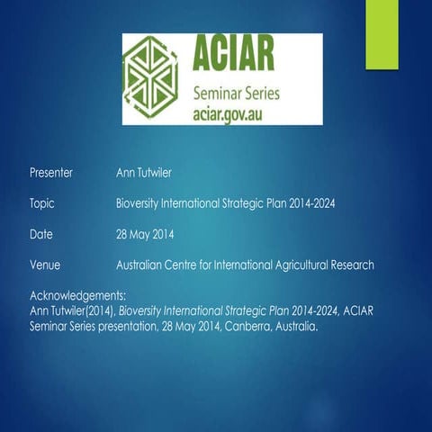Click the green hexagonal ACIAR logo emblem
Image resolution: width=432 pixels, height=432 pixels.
[157, 78]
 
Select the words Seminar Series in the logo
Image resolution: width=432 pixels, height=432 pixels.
[236, 94]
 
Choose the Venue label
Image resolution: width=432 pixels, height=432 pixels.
[45, 265]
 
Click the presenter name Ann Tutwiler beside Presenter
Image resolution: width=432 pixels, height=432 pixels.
[148, 172]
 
